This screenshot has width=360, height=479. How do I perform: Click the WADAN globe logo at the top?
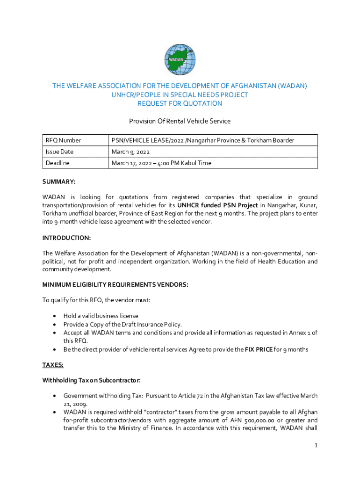coord(180,60)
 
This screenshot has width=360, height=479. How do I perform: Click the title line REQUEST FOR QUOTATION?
coord(180,103)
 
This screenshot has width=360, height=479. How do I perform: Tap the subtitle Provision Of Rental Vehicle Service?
coord(180,121)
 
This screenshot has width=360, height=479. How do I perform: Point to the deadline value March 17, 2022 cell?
coord(161,163)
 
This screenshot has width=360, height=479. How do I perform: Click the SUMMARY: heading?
coord(59,181)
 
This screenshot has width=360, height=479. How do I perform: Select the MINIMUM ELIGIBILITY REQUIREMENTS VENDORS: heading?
coord(115,285)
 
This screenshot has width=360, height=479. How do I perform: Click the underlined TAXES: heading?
coord(53,364)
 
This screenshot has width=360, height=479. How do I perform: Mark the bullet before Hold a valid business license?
coord(56,316)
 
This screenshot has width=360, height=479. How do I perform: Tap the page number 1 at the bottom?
coord(316,445)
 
